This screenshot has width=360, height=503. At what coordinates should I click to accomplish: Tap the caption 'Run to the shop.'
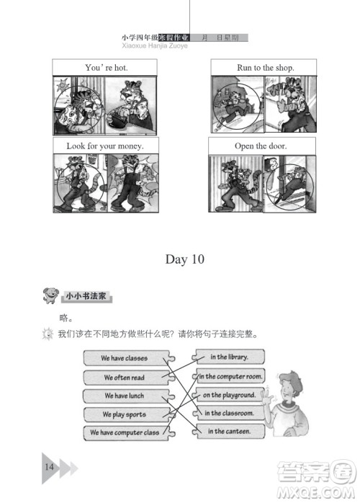(x=265, y=68)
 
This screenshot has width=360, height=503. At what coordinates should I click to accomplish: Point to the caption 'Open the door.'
(x=261, y=146)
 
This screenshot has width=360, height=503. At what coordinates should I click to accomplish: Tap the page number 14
(x=49, y=466)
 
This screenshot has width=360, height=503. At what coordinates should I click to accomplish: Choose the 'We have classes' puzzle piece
(x=125, y=358)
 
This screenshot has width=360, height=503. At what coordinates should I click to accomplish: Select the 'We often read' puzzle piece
(x=125, y=377)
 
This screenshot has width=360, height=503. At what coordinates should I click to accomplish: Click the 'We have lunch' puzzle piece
(x=125, y=396)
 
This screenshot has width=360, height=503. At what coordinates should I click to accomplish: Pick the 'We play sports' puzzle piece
(x=125, y=414)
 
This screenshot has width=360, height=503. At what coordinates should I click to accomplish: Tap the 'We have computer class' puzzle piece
(x=125, y=433)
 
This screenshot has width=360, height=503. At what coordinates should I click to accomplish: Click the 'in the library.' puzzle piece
(x=229, y=357)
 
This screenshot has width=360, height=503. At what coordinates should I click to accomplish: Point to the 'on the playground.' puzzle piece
(x=229, y=395)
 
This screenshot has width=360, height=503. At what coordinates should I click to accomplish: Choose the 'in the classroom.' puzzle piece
(x=229, y=414)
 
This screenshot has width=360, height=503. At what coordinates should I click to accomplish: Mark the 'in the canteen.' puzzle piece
(x=229, y=432)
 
